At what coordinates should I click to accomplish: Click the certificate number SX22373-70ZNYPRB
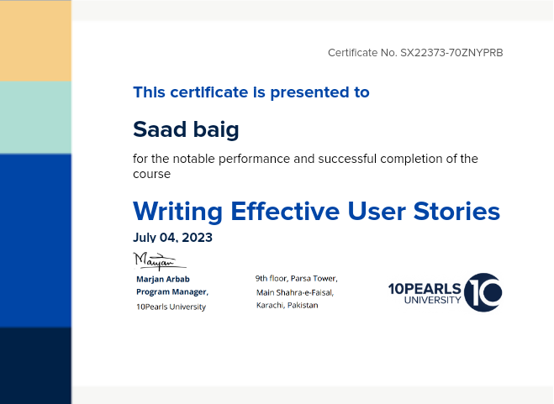point(451,53)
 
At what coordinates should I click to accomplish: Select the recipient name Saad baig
point(186,129)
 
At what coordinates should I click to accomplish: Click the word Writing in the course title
point(177,212)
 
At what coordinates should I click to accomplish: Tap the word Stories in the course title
point(456,211)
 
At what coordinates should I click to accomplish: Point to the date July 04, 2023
point(172,238)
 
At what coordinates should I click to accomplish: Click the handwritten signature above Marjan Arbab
point(160,261)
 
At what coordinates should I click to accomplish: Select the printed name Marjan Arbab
point(163,279)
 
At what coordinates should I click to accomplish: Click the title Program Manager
point(172,292)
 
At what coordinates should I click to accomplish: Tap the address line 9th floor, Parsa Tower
point(297,279)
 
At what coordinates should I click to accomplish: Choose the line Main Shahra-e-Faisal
point(295,292)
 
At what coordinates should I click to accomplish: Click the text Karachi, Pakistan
point(287,305)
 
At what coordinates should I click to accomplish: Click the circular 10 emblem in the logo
point(483,292)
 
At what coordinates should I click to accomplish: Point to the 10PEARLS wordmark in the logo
point(425,289)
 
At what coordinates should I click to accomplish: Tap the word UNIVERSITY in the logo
point(432,300)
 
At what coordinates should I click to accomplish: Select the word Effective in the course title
point(285,211)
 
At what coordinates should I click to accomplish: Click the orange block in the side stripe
point(35,40)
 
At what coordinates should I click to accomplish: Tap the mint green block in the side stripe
point(35,118)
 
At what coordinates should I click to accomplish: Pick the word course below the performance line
point(151,174)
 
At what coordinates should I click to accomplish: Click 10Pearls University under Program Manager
point(171,307)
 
